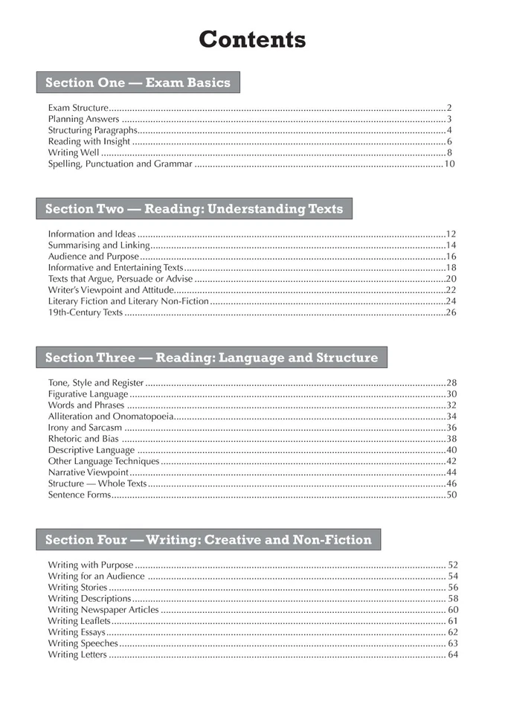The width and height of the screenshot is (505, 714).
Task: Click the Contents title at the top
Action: pos(252,39)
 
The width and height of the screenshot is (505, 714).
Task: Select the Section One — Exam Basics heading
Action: pos(138,83)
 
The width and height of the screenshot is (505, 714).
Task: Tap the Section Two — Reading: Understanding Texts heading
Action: pos(194,209)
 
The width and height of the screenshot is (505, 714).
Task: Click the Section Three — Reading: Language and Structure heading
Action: pos(211,358)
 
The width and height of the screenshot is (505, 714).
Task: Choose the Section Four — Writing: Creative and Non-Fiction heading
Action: pos(208,540)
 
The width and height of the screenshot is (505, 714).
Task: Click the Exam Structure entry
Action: pos(78,108)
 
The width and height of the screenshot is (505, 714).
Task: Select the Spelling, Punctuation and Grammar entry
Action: pos(120,164)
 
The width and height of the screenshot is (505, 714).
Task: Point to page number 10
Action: pos(449,164)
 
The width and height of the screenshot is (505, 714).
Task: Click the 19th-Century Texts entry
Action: pos(85,312)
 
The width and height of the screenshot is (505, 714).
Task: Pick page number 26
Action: pos(451,312)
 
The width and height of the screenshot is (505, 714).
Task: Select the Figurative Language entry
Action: pos(88,394)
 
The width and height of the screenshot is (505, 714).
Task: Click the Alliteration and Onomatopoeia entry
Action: pos(111,416)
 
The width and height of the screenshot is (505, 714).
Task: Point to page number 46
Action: pos(451,483)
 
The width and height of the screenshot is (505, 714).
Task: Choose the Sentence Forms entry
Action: pos(79,495)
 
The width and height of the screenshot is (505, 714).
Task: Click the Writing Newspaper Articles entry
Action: pos(103,610)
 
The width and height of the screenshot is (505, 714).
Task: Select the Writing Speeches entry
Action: pos(83,643)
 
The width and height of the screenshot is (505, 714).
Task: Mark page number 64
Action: pos(452,654)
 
